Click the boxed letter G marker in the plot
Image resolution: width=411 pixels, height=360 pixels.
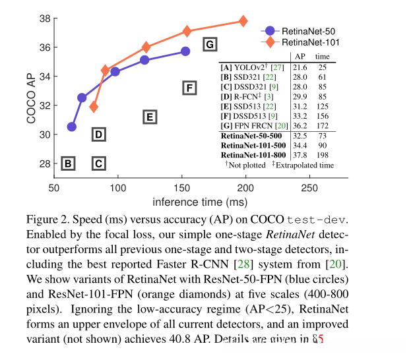209,45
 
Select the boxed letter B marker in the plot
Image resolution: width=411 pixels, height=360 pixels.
68,164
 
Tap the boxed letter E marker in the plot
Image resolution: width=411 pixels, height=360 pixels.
149,117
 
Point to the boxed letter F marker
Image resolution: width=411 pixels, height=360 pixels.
189,88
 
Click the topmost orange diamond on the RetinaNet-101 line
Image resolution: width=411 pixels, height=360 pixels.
243,21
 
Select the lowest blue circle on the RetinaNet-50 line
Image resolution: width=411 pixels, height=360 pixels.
72,127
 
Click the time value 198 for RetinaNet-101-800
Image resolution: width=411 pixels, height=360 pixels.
323,155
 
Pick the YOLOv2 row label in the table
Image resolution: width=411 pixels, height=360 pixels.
247,68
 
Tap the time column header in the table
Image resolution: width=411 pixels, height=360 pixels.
323,57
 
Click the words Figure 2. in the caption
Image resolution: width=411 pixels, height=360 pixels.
49,218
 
